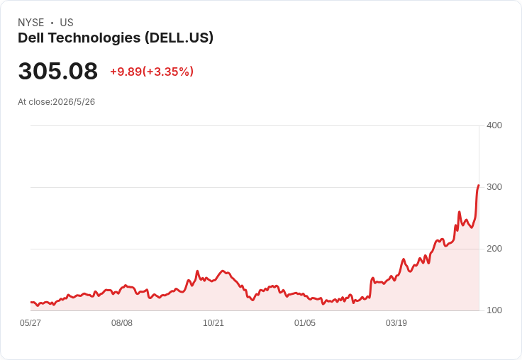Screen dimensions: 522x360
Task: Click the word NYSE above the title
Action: pyautogui.click(x=31, y=23)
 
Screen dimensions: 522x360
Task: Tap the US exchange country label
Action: pyautogui.click(x=67, y=23)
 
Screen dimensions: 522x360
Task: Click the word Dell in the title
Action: pyautogui.click(x=31, y=38)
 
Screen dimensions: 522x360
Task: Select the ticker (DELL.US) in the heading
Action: pyautogui.click(x=179, y=38)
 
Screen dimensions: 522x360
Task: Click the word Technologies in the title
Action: pyautogui.click(x=94, y=38)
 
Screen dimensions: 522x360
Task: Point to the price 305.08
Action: pyautogui.click(x=58, y=71)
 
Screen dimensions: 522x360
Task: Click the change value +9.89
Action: pyautogui.click(x=126, y=72)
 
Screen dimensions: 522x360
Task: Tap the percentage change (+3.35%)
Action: pyautogui.click(x=168, y=72)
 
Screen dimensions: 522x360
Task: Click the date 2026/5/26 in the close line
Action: pyautogui.click(x=74, y=102)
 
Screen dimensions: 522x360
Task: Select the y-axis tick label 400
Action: pyautogui.click(x=494, y=125)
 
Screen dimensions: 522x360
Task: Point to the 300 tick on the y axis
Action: pyautogui.click(x=494, y=187)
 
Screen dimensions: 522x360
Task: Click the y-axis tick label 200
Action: pyautogui.click(x=494, y=249)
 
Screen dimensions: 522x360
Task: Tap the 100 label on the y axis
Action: pyautogui.click(x=494, y=310)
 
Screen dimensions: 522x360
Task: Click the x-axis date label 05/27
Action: pyautogui.click(x=30, y=323)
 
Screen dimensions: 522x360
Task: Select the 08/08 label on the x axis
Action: pyautogui.click(x=122, y=323)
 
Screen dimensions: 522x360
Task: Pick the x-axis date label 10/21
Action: pyautogui.click(x=213, y=323)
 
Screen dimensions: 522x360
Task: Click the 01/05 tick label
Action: pyautogui.click(x=305, y=323)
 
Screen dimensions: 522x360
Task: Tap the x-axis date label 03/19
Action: pyautogui.click(x=396, y=323)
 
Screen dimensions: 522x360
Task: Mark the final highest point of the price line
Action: pyautogui.click(x=479, y=185)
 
